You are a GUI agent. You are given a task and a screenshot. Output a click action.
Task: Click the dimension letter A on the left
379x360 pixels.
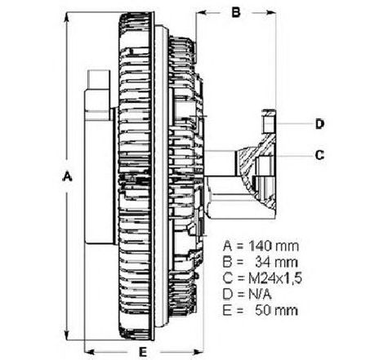click(67, 176)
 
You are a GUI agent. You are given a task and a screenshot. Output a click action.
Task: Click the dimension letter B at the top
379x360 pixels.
click(236, 12)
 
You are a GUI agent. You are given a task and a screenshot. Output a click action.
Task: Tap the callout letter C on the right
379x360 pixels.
click(319, 155)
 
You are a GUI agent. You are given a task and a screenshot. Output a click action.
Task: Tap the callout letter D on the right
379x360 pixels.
click(320, 124)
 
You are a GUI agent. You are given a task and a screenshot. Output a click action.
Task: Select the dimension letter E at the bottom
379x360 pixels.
click(143, 352)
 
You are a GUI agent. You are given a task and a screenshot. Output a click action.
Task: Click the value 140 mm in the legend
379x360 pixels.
click(274, 247)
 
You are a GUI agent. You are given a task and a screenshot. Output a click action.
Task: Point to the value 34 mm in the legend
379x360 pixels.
click(276, 262)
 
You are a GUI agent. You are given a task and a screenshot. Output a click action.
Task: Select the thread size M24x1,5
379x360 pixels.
click(275, 278)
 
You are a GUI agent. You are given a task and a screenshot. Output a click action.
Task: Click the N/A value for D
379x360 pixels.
click(260, 295)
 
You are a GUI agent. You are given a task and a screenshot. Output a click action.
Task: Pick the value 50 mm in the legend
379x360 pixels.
click(276, 310)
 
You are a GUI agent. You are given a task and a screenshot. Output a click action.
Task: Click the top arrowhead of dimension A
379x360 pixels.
click(66, 17)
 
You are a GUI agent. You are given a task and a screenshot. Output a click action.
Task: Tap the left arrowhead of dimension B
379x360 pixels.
click(202, 12)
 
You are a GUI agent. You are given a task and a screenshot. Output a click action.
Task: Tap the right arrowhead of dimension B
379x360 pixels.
click(270, 12)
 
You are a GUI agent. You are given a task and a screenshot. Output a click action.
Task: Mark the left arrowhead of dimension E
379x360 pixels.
click(91, 352)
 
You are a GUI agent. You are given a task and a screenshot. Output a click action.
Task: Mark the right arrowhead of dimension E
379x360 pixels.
click(198, 352)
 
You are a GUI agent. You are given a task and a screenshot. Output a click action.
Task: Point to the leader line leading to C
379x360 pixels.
click(294, 156)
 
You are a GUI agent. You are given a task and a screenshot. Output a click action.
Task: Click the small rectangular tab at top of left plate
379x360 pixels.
click(99, 79)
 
